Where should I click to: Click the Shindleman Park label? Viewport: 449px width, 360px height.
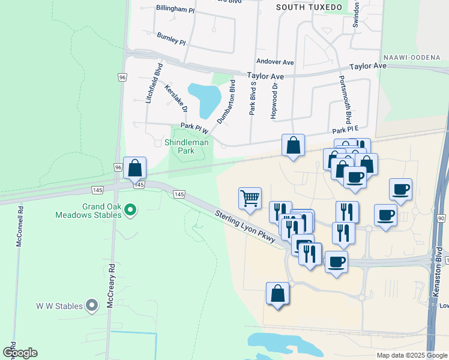187,146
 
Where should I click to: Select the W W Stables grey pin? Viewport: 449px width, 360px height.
92,306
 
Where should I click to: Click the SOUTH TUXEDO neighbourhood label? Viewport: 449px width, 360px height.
309,7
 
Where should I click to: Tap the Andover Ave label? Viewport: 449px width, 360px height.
274,62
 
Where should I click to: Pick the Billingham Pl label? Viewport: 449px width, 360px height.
175,9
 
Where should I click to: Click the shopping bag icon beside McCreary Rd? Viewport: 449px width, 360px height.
135,167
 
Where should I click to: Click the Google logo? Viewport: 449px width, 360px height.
20,353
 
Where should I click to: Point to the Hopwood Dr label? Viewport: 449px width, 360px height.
274,101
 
